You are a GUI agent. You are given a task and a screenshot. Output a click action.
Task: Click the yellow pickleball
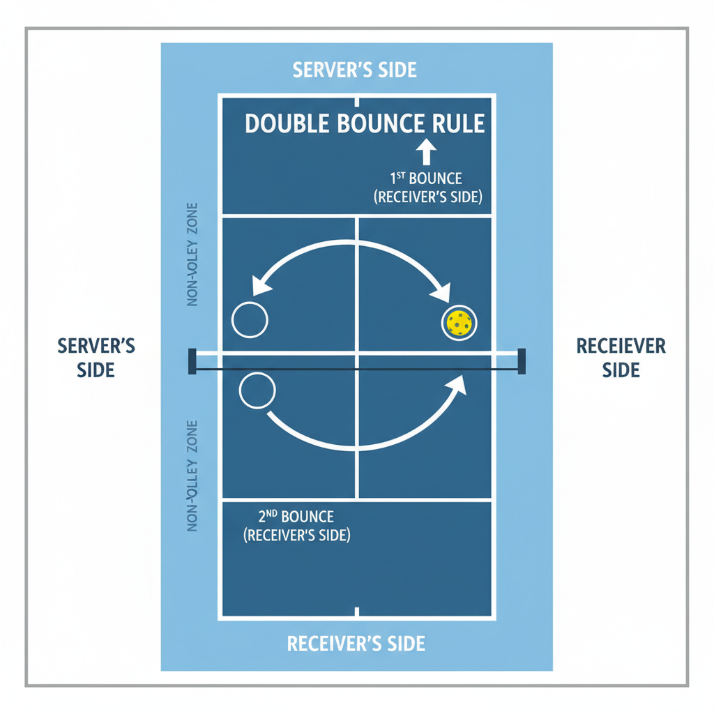tap(459, 324)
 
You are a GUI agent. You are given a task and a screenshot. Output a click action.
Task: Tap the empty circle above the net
tap(249, 321)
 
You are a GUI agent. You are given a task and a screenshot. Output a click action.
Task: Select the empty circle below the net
tap(257, 390)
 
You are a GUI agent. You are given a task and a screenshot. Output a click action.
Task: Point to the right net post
tap(521, 362)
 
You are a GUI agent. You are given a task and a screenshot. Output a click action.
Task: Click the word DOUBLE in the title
tap(287, 123)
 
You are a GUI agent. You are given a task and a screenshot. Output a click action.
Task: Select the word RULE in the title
tap(455, 123)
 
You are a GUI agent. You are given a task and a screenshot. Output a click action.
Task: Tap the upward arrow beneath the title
tap(426, 153)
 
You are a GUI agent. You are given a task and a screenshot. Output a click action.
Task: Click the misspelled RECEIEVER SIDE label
tap(621, 357)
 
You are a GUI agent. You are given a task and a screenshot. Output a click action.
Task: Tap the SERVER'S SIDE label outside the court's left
tap(96, 357)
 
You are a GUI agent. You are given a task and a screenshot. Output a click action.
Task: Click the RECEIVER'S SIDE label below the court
tap(356, 643)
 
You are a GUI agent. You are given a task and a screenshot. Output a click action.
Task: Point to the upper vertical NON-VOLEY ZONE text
tap(193, 255)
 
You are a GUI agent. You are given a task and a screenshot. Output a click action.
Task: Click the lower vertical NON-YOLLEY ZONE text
tap(193, 476)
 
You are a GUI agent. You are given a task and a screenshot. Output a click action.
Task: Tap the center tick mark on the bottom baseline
tap(357, 612)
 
